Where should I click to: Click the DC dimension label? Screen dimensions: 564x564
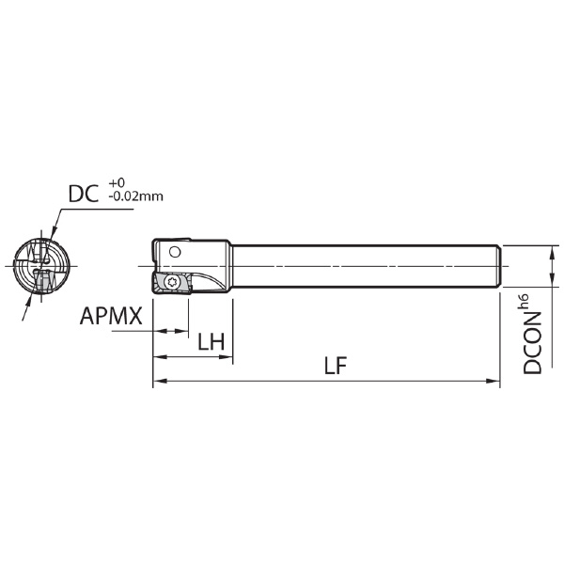pyautogui.click(x=84, y=194)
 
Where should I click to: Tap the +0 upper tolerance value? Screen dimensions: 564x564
pyautogui.click(x=117, y=182)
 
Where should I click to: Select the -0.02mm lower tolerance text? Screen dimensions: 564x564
pyautogui.click(x=136, y=196)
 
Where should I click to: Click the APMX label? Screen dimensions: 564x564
pyautogui.click(x=111, y=316)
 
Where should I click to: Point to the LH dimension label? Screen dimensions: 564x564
pyautogui.click(x=211, y=342)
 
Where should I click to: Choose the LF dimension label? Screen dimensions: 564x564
pyautogui.click(x=336, y=366)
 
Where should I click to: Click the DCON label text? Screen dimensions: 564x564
pyautogui.click(x=532, y=343)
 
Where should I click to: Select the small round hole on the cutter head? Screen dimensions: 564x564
pyautogui.click(x=175, y=252)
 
